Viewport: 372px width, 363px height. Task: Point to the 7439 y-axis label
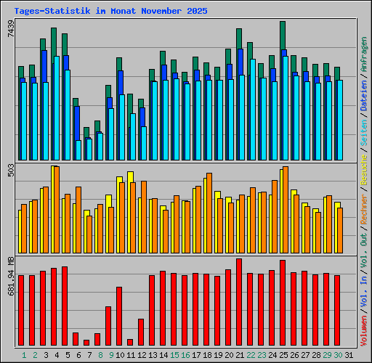(10, 33)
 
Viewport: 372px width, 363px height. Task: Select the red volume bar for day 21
(239, 301)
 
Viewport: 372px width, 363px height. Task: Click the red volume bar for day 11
(130, 342)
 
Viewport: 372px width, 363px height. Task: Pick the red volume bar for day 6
(76, 338)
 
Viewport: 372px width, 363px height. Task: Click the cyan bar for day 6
(78, 150)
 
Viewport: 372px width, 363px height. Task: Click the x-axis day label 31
(349, 355)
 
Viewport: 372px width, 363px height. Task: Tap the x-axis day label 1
(24, 355)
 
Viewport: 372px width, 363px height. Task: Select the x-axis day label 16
(186, 355)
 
